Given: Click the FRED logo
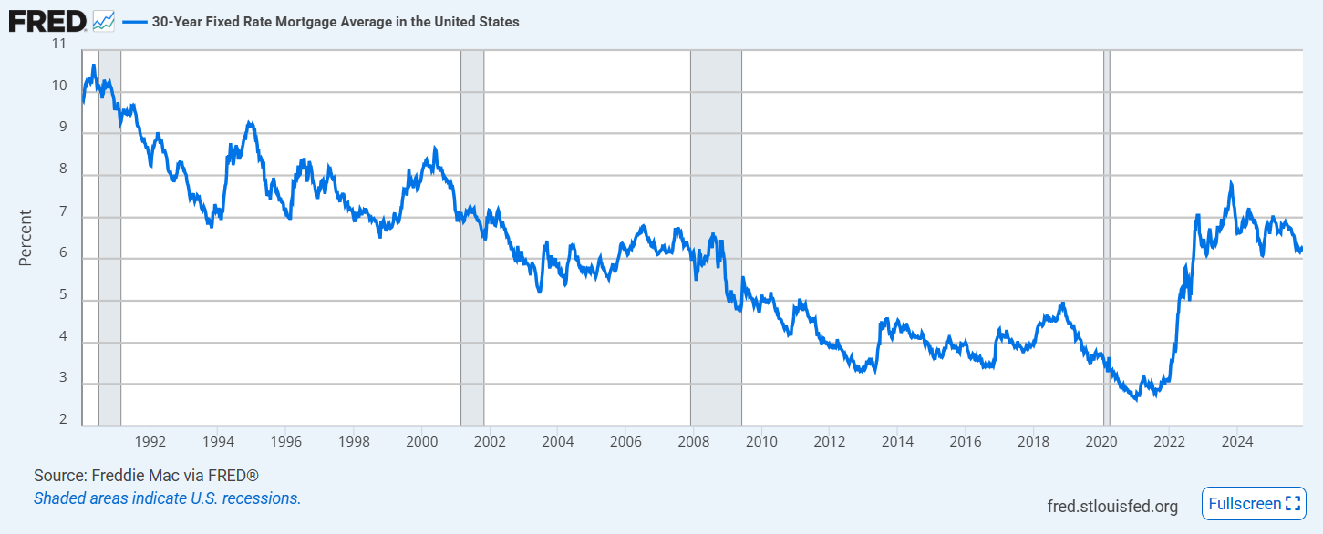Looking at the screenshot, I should tap(47, 21).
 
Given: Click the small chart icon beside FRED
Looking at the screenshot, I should tap(104, 21).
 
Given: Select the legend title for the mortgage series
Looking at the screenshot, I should tap(336, 22).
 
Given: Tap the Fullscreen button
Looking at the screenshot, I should tap(1254, 503).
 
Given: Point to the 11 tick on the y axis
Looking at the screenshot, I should tap(59, 44).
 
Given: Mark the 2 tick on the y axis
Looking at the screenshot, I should tap(61, 420).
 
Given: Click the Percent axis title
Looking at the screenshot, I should tap(26, 238).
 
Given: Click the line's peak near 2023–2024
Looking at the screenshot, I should tap(1231, 182).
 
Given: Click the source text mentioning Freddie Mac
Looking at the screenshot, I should tap(146, 476).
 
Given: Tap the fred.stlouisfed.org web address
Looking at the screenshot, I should tap(1112, 506).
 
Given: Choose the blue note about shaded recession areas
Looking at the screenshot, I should tap(167, 498).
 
